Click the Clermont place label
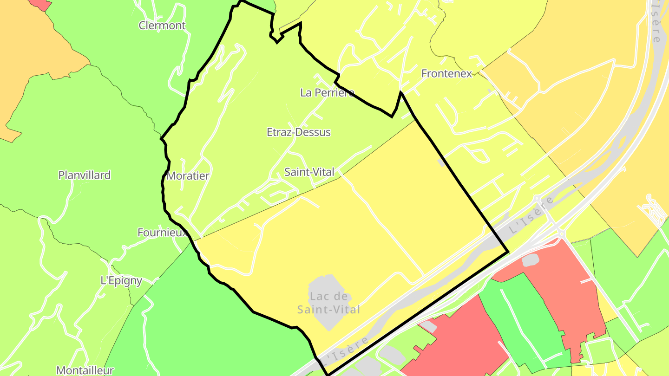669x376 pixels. tap(162, 26)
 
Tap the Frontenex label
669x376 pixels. tap(446, 73)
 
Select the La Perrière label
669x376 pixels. tap(327, 92)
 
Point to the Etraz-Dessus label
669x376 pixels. tap(299, 132)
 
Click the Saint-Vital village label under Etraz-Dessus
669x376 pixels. tap(309, 172)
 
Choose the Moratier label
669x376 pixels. tap(188, 176)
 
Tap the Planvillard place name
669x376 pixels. tap(85, 175)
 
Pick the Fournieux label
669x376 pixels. tap(162, 233)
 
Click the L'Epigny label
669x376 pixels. tap(121, 281)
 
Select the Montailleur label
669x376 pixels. tap(85, 370)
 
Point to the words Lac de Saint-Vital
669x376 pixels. tap(329, 303)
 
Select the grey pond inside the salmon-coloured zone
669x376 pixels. tap(531, 260)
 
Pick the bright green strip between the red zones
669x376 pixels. tap(525, 320)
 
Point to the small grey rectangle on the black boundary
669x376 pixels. tap(441, 163)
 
